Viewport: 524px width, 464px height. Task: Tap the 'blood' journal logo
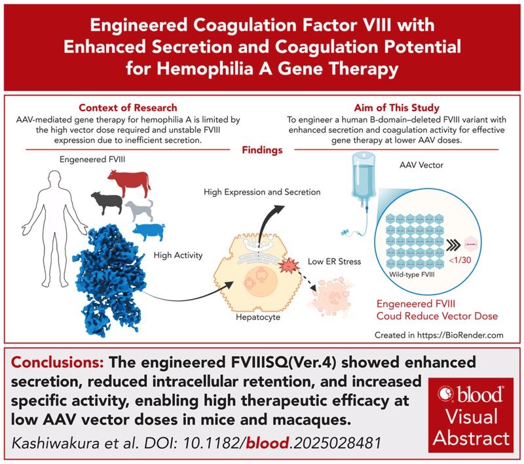(469, 395)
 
